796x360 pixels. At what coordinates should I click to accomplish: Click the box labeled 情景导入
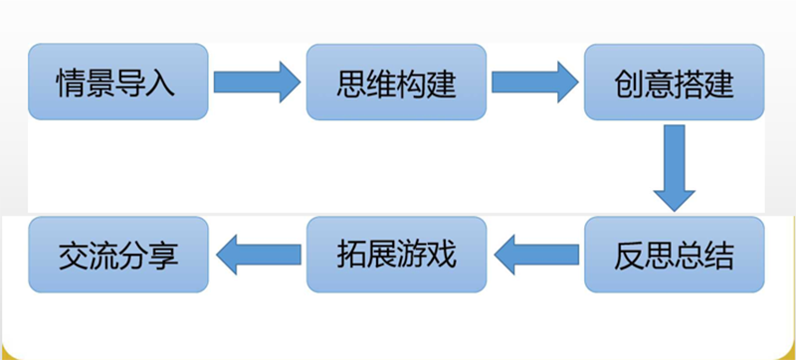(x=117, y=83)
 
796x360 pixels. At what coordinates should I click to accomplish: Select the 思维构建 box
(x=396, y=83)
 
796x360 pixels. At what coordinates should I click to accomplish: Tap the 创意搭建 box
(x=675, y=83)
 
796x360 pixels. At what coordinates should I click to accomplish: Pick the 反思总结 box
(x=675, y=255)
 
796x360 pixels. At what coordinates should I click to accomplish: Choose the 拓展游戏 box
(x=396, y=255)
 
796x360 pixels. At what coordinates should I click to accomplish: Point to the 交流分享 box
(x=117, y=255)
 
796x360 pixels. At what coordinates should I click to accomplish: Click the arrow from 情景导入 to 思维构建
(x=256, y=82)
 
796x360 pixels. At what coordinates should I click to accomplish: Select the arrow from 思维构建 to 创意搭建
(x=534, y=82)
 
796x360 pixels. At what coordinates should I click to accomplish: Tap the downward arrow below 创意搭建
(x=674, y=167)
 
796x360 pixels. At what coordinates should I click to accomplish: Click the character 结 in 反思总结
(x=720, y=256)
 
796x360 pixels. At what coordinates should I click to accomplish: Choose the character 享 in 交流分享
(x=163, y=256)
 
